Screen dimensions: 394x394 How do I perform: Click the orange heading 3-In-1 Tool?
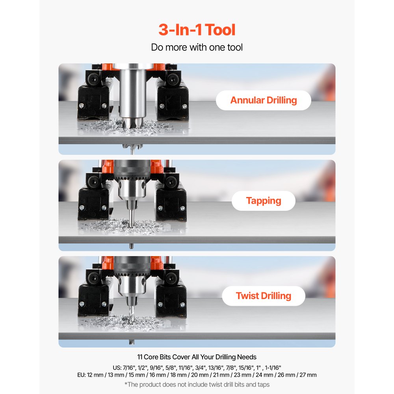tap(197, 30)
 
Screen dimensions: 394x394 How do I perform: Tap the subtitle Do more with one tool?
tap(197, 47)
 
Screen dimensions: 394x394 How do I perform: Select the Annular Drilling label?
tap(263, 100)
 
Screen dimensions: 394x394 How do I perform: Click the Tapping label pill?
tap(263, 201)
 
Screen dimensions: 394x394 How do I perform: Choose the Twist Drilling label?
tap(263, 296)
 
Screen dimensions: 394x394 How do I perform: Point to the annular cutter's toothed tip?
tap(133, 123)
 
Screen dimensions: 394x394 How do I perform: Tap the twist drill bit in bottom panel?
tap(132, 314)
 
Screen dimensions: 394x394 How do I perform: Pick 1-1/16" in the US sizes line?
tap(273, 368)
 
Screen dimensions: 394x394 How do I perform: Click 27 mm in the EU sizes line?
tap(308, 375)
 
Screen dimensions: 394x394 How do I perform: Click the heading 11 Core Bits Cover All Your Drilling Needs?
tap(197, 357)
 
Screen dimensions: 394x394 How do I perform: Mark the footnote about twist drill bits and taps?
tap(197, 385)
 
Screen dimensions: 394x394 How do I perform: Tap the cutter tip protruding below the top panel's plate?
tap(132, 149)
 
